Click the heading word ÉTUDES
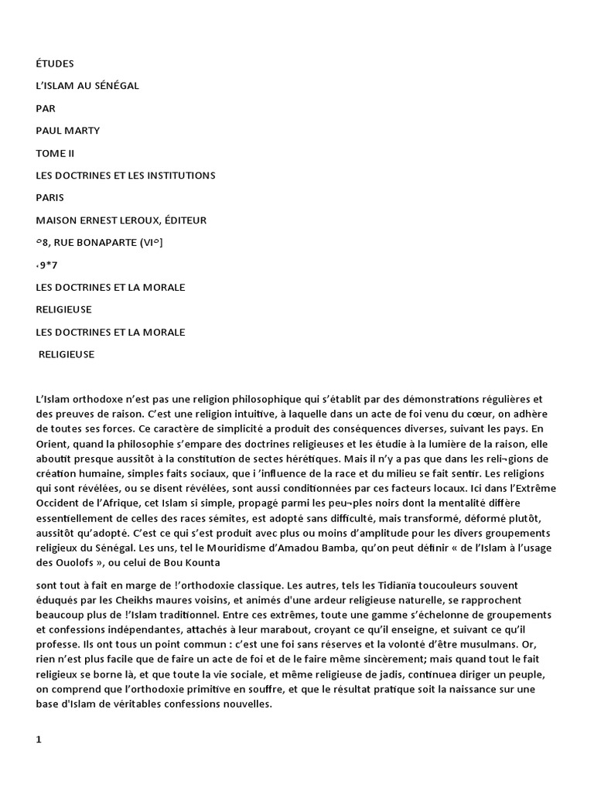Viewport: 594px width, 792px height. click(55, 63)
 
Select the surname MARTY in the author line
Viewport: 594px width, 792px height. click(82, 131)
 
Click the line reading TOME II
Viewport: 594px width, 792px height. click(55, 153)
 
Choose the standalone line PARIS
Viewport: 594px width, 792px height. click(51, 198)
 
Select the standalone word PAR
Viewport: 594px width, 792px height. click(46, 108)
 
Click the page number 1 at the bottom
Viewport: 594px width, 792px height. click(39, 739)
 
